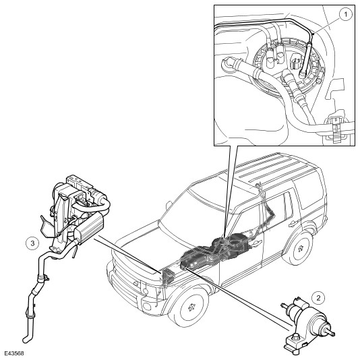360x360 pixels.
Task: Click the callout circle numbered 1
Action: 346,14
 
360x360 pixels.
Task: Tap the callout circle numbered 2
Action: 318,298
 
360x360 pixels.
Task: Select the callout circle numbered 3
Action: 32,243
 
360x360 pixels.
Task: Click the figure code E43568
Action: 14,353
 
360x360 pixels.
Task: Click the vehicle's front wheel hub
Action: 191,307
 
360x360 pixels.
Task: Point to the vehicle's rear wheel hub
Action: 301,247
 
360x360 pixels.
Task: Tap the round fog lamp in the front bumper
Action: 146,306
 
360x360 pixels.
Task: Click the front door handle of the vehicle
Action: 257,243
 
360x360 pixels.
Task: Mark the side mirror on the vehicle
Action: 169,204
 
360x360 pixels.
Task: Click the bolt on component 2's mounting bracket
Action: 295,336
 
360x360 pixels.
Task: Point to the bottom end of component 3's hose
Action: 25,339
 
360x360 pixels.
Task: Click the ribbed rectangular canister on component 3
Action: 90,226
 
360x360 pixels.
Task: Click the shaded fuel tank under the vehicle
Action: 216,251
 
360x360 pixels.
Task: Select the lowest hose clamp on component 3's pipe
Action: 30,316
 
